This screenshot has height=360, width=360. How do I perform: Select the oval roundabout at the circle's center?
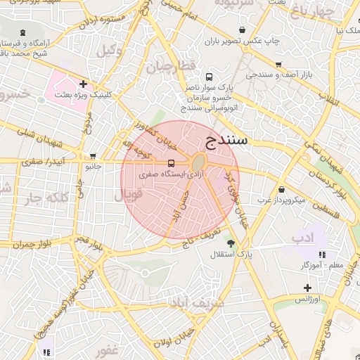pyautogui.click(x=200, y=162)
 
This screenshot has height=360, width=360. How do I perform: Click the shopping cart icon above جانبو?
pyautogui.click(x=94, y=156)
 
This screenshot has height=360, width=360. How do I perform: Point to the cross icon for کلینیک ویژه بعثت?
pyautogui.click(x=84, y=84)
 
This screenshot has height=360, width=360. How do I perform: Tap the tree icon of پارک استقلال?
pyautogui.click(x=231, y=242)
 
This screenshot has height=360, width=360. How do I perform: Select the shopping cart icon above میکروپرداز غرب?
pyautogui.click(x=281, y=189)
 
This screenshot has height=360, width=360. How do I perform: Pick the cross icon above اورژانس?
pyautogui.click(x=307, y=288)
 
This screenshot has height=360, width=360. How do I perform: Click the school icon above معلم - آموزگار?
pyautogui.click(x=323, y=254)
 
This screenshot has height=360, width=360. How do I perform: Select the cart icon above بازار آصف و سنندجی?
pyautogui.click(x=279, y=63)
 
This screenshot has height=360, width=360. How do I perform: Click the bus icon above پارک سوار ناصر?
pyautogui.click(x=208, y=77)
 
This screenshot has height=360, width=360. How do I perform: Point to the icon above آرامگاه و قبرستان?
pyautogui.click(x=24, y=32)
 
